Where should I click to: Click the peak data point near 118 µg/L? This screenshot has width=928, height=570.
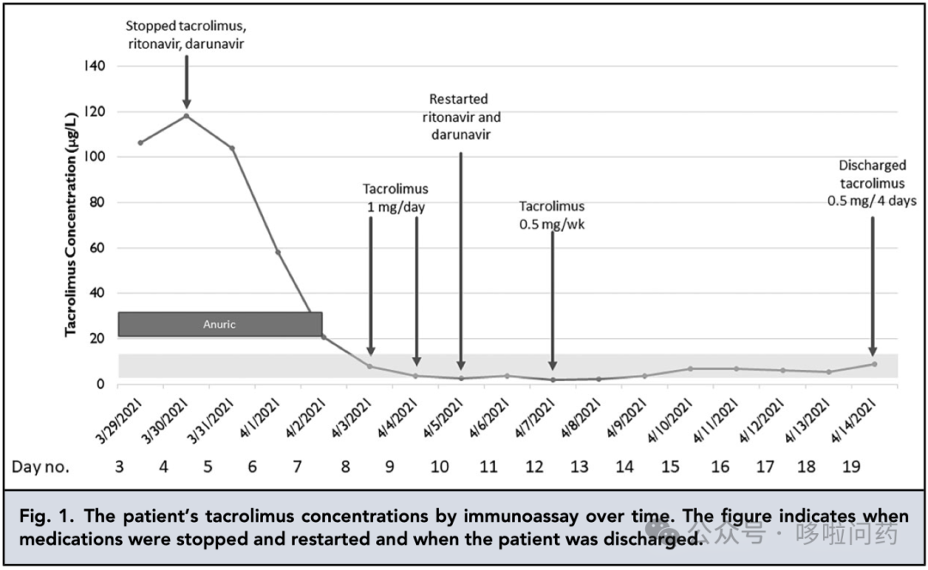(186, 116)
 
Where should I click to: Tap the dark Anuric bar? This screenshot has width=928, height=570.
(220, 324)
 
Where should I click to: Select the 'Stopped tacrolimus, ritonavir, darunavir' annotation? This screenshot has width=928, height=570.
(186, 35)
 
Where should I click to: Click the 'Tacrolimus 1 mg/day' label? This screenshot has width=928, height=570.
(394, 198)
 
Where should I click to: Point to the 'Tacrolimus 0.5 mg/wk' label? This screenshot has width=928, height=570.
(552, 215)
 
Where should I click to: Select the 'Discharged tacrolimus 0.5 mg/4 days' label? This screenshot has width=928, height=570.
(872, 184)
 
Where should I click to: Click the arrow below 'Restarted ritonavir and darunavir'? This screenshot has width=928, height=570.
(461, 258)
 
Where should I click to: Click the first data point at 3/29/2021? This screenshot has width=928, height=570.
(140, 142)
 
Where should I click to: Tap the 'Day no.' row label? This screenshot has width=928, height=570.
(40, 467)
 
